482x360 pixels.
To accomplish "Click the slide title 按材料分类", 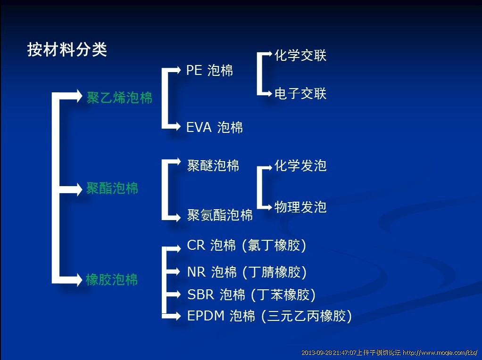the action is [x=67, y=49].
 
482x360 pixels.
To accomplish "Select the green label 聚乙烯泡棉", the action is [x=119, y=98].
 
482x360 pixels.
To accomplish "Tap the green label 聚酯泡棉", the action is [x=112, y=188].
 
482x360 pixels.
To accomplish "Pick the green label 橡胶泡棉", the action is [x=112, y=279].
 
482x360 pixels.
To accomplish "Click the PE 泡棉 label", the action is [x=210, y=70].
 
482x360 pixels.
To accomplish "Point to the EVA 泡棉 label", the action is [x=215, y=127].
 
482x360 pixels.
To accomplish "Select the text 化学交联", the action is [x=300, y=56].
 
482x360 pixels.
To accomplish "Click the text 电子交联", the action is [x=300, y=93].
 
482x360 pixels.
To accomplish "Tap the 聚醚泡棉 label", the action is [x=213, y=165].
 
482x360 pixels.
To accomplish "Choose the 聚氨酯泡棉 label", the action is [x=220, y=215].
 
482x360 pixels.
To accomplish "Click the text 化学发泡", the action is [x=300, y=165].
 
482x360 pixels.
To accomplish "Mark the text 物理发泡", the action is [x=300, y=207].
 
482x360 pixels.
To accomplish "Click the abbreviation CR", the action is [x=196, y=245].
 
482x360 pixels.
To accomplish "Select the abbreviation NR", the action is [x=196, y=272].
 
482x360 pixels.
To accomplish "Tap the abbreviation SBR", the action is [x=201, y=294].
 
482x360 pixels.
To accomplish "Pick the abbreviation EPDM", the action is [x=206, y=316].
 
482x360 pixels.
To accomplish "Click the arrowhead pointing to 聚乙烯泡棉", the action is [x=78, y=96].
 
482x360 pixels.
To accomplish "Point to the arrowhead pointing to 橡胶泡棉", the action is [x=78, y=279].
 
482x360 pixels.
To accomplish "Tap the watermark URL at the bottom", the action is [x=440, y=352].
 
